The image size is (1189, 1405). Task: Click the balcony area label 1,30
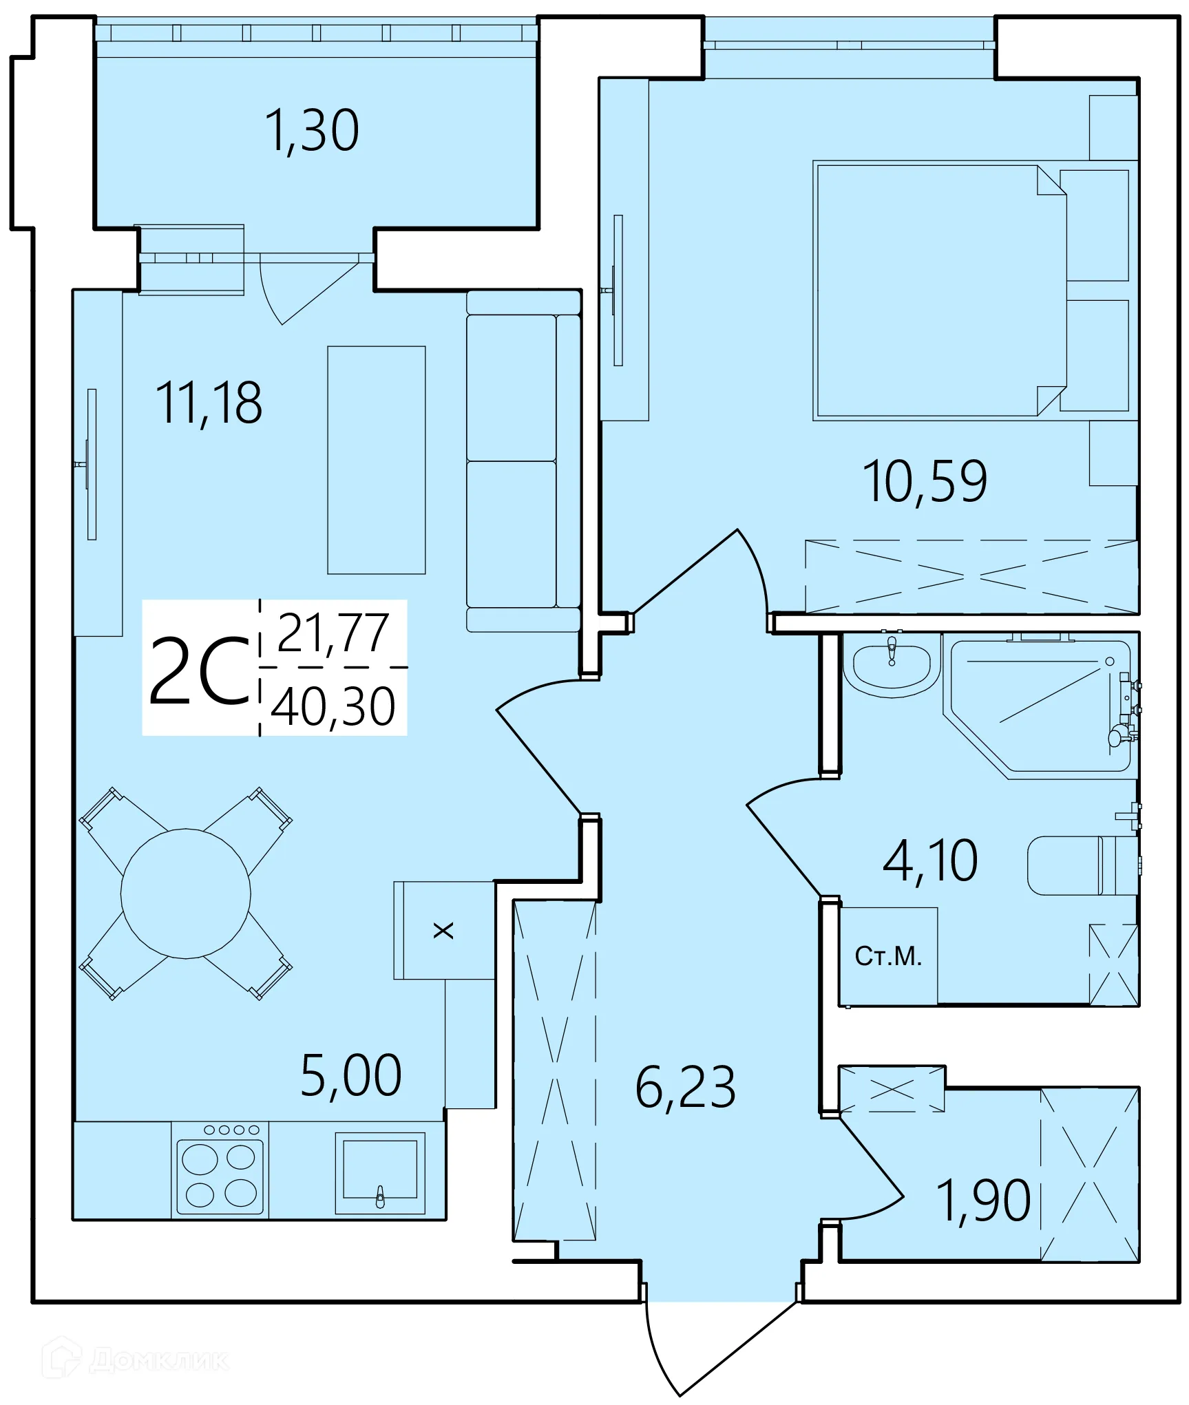(x=312, y=131)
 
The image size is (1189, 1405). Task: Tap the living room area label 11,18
(x=209, y=403)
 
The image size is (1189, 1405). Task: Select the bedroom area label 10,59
(x=925, y=481)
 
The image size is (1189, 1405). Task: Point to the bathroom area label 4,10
(x=930, y=860)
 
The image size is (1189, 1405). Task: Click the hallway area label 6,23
(x=686, y=1087)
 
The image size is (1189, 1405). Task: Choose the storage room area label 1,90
(x=983, y=1201)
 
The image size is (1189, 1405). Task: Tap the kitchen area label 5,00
(x=351, y=1075)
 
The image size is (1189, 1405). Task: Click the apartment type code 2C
(x=199, y=671)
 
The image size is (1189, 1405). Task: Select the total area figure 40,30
(x=333, y=707)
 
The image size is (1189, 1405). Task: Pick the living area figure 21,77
(x=333, y=633)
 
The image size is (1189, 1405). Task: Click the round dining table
(x=185, y=894)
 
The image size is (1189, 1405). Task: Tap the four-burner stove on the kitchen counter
(x=220, y=1177)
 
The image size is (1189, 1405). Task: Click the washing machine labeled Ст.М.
(x=888, y=956)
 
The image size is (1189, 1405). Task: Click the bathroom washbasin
(x=892, y=666)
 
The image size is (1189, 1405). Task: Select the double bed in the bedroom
(x=936, y=290)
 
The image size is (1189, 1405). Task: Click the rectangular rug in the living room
(x=376, y=460)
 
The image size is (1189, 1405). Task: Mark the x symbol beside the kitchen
(x=443, y=931)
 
